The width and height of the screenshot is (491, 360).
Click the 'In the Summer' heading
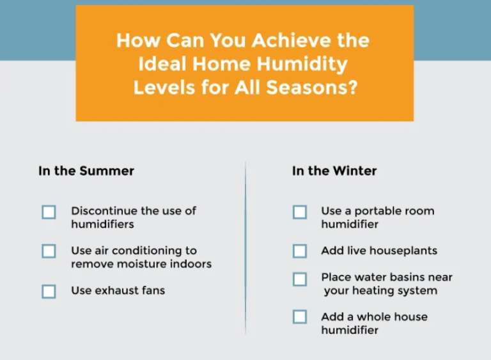coord(86,171)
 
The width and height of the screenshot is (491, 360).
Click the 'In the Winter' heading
coord(334,171)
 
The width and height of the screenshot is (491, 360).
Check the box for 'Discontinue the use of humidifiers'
coord(49,212)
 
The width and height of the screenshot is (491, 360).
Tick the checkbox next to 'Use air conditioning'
coord(49,251)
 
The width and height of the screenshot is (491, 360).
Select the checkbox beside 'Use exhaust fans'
coord(49,292)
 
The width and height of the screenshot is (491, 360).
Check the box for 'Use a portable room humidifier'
coord(300,212)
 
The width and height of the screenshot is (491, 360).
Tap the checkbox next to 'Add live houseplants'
coord(300,251)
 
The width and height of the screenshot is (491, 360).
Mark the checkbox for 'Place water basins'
coord(300,279)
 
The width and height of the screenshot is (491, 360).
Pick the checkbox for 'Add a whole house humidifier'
coord(300,317)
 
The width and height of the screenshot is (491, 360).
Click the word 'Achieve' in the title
coord(286,41)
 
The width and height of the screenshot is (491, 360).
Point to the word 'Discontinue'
coord(104,210)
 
